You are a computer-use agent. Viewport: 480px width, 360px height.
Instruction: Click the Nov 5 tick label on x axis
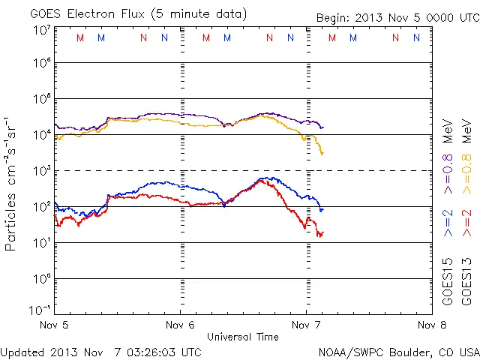(55, 325)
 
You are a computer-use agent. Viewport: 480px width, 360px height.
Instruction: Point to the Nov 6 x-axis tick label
(180, 325)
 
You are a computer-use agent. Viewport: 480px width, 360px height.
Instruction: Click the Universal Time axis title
(243, 337)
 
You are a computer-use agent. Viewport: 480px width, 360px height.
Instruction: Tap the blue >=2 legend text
(448, 223)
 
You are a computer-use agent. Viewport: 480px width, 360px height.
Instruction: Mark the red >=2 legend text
(466, 223)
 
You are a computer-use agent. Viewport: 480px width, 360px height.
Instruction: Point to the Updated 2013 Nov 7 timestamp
(100, 351)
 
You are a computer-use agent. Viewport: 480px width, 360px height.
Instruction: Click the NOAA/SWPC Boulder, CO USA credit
(398, 351)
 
